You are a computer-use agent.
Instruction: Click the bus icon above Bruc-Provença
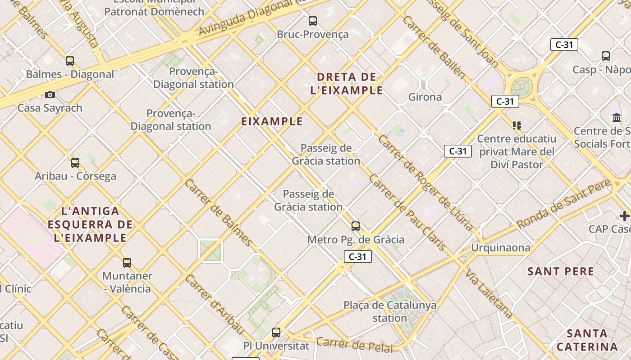pyautogui.click(x=312, y=21)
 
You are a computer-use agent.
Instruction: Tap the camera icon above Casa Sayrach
pyautogui.click(x=50, y=94)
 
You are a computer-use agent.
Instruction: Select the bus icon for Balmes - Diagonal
pyautogui.click(x=70, y=61)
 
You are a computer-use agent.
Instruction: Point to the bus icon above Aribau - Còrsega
pyautogui.click(x=75, y=162)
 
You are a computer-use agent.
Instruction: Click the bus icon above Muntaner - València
pyautogui.click(x=127, y=262)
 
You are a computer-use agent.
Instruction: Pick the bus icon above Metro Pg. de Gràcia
pyautogui.click(x=356, y=226)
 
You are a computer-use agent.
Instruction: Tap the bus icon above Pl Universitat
pyautogui.click(x=276, y=333)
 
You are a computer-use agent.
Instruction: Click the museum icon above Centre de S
pyautogui.click(x=617, y=118)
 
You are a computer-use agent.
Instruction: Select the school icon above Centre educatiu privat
pyautogui.click(x=517, y=125)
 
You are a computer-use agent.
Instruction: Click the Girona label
pyautogui.click(x=425, y=97)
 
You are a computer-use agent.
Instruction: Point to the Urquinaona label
pyautogui.click(x=501, y=247)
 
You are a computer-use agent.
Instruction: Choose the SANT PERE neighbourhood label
pyautogui.click(x=561, y=271)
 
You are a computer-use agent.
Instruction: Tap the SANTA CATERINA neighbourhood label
pyautogui.click(x=587, y=340)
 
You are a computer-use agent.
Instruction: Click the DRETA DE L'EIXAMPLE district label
pyautogui.click(x=347, y=84)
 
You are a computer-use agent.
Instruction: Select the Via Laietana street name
pyautogui.click(x=489, y=294)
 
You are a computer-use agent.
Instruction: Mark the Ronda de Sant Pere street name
pyautogui.click(x=563, y=204)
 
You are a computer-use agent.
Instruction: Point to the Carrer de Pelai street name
pyautogui.click(x=354, y=345)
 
